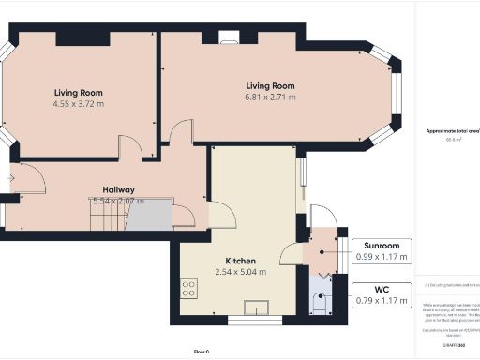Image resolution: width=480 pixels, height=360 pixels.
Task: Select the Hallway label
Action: pos(118,188)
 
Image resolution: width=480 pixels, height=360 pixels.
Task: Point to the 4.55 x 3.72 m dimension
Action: pos(78,105)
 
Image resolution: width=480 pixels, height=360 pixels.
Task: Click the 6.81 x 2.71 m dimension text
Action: pos(270,97)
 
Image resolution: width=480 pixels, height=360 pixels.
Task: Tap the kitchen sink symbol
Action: pos(254,306)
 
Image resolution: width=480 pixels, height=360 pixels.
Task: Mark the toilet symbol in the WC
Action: pos(319,305)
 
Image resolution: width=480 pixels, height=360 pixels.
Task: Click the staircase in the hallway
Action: pos(105,217)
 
